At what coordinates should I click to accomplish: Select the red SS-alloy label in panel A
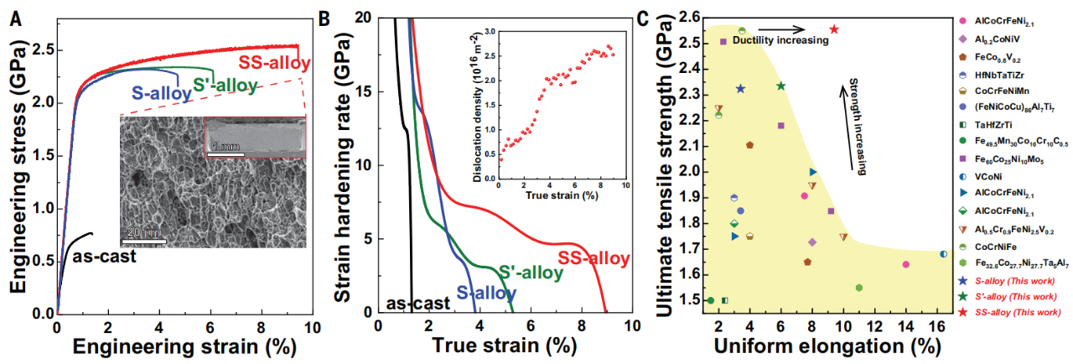pos(274,64)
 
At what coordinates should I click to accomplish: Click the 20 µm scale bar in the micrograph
pos(143,242)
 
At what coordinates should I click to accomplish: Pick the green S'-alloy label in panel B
pos(530,273)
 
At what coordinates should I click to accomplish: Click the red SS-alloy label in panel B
pos(594,258)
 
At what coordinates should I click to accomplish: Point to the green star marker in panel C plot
pos(780,86)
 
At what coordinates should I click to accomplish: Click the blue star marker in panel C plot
pos(741,88)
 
